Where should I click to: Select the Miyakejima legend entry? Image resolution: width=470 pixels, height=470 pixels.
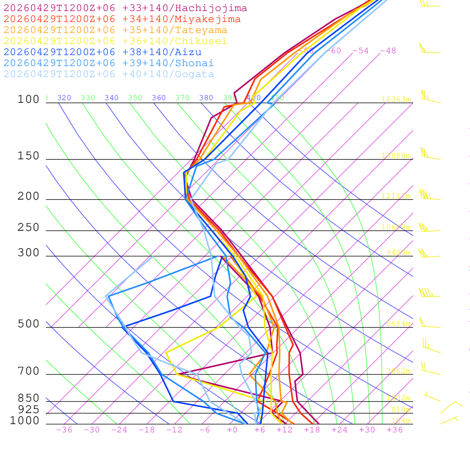122,19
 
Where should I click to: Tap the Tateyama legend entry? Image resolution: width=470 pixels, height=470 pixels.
115,30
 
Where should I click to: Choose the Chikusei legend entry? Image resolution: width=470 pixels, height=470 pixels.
115,41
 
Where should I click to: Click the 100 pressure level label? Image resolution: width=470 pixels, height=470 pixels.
28,100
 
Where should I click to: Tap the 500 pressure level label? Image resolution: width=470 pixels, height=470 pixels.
28,325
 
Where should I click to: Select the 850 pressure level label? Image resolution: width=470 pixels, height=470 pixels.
28,398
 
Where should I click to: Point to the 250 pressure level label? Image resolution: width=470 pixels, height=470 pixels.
28,228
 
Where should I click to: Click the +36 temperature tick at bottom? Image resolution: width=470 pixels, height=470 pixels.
395,430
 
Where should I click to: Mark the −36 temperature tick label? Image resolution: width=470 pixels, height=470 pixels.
64,430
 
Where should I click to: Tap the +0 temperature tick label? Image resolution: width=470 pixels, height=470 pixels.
232,430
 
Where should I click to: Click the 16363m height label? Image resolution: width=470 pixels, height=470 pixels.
396,99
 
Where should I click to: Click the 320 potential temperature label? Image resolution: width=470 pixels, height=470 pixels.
64,98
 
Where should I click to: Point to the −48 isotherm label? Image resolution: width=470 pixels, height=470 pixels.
388,51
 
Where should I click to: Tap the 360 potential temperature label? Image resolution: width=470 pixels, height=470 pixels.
159,98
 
